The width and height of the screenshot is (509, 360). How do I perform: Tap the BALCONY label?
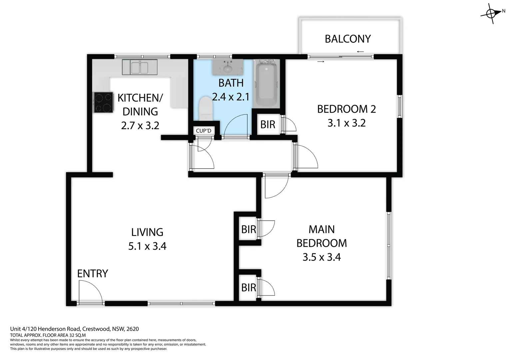(348, 39)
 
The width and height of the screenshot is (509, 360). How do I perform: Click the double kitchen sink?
(140, 67)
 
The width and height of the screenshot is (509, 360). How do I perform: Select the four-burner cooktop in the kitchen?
(103, 102)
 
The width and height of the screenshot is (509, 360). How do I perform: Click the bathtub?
(266, 83)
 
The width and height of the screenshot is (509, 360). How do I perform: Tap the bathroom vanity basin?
(228, 67)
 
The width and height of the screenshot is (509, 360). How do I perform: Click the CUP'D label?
(204, 131)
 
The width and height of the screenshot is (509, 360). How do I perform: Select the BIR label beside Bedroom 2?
(268, 125)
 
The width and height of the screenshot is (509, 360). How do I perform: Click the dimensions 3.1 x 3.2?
(346, 123)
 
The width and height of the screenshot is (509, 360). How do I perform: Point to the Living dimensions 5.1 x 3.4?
(147, 246)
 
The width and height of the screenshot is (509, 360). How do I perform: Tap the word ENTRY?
(93, 274)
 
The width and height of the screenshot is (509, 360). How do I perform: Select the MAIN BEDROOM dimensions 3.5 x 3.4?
(321, 257)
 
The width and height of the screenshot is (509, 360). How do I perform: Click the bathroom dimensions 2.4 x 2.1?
(231, 97)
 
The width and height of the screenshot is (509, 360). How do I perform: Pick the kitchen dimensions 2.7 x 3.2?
(140, 126)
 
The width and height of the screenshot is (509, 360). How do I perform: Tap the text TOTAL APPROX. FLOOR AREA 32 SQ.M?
(48, 335)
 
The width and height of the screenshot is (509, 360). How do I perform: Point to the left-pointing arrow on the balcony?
(360, 52)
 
